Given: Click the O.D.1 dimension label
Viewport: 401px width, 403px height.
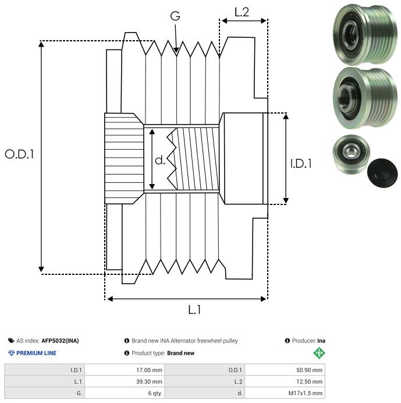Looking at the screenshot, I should [x=20, y=154].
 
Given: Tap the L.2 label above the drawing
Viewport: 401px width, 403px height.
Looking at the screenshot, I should [x=242, y=12].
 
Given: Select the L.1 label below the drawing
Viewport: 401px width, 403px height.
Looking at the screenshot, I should [x=194, y=310].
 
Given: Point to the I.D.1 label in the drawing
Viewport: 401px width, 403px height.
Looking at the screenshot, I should [x=301, y=164].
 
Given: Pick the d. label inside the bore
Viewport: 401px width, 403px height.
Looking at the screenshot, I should [x=160, y=160].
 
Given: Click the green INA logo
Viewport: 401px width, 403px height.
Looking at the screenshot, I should [x=320, y=353].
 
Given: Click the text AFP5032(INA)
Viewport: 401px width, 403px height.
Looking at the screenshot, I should [x=60, y=341].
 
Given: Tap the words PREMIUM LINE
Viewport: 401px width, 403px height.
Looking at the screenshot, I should [x=36, y=353].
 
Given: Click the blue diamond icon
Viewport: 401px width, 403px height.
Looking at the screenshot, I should [x=11, y=353].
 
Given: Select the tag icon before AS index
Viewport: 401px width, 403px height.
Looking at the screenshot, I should [x=11, y=341].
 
